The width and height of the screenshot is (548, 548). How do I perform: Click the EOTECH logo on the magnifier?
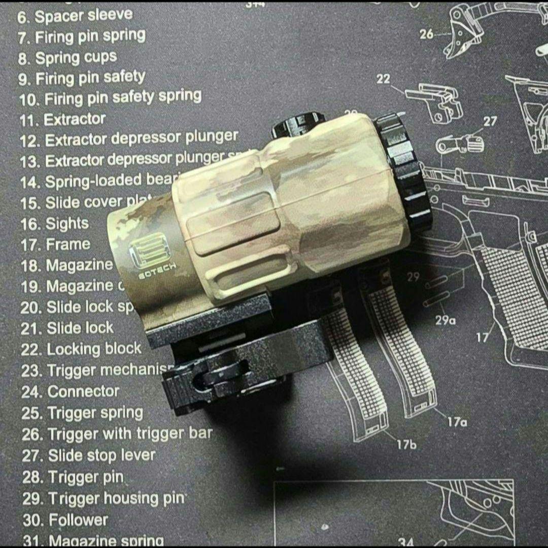pos(145,255)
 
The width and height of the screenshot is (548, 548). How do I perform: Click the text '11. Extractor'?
pos(63,120)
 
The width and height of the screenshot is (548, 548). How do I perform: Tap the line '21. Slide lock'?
pos(67,328)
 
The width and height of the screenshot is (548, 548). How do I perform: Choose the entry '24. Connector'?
pos(70,392)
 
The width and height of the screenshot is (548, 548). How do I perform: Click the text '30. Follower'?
pos(65,520)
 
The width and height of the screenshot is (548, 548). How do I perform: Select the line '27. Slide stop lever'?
pos(88,456)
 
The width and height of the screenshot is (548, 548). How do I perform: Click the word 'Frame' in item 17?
pos(68,245)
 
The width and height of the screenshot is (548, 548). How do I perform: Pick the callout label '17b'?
pos(406,445)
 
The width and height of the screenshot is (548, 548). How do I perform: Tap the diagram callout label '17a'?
pos(457,421)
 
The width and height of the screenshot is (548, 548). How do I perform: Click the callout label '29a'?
pos(445,320)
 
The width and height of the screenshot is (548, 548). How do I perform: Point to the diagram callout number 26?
pos(427,34)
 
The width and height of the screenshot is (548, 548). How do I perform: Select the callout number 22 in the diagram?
pos(384,79)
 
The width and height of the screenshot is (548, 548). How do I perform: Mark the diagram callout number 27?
pos(490,121)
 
